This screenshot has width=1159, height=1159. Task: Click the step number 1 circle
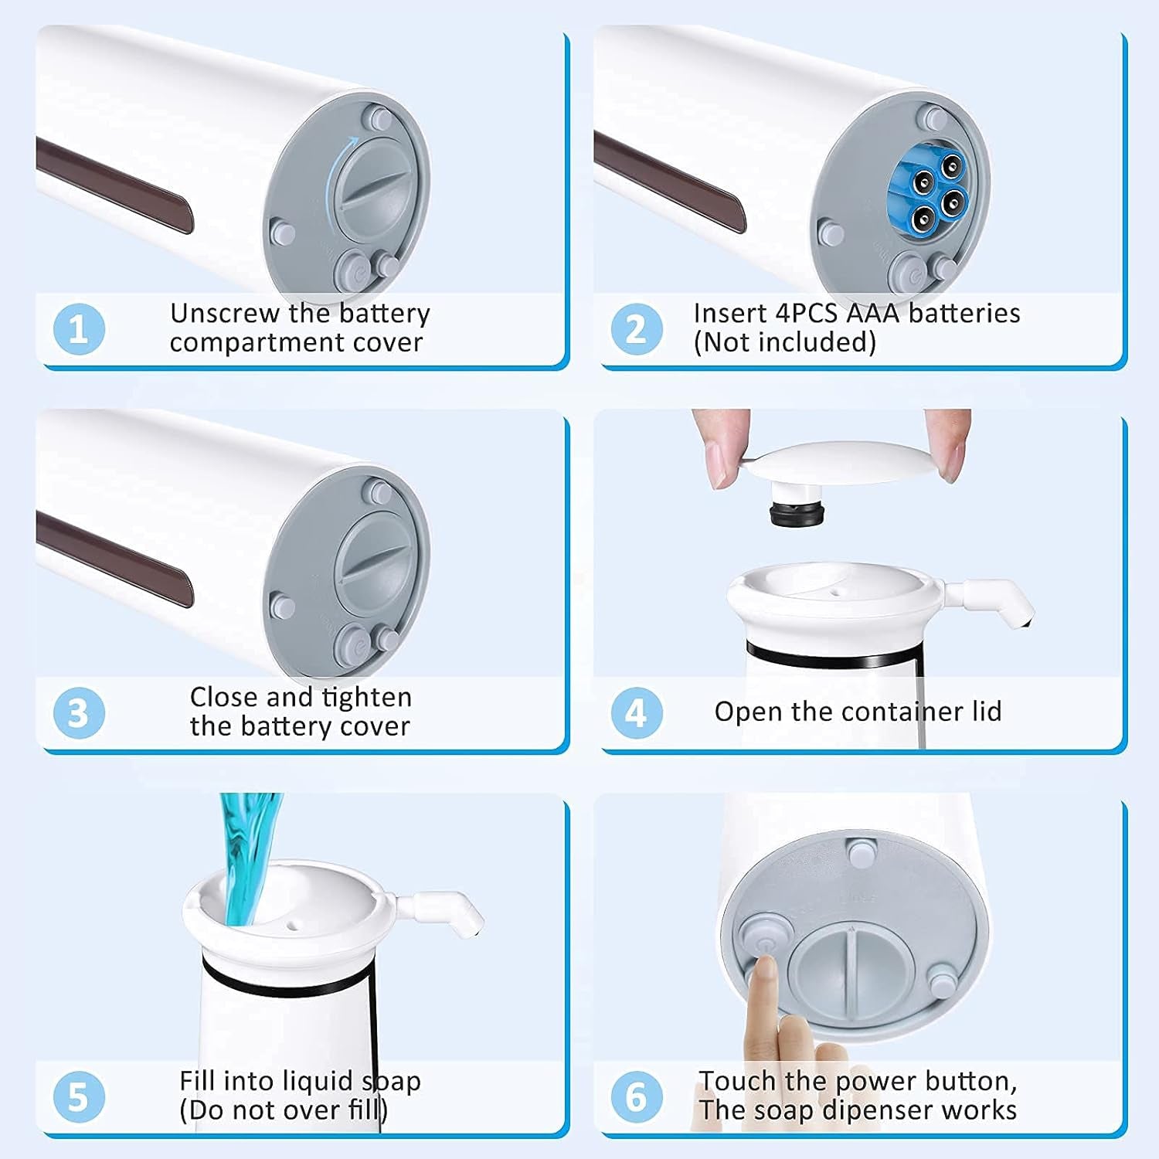(79, 328)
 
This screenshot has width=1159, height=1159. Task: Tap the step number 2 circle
(636, 328)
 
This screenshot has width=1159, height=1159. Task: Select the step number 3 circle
(79, 712)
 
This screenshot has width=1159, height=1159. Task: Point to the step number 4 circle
(636, 712)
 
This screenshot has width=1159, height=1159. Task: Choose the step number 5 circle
(79, 1096)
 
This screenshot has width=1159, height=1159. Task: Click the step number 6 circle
(636, 1096)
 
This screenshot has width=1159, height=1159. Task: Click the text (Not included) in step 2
(784, 342)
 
